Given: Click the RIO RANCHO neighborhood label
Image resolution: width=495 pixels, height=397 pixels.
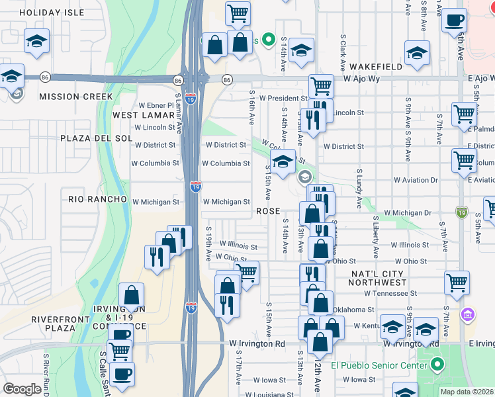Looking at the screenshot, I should [97, 198].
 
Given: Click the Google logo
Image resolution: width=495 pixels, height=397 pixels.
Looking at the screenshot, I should [22, 389].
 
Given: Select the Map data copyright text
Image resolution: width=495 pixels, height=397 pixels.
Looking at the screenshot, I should [467, 392].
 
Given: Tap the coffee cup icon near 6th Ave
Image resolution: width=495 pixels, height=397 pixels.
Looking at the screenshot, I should [454, 21].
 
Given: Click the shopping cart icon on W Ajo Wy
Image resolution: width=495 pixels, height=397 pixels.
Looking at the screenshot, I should [321, 85].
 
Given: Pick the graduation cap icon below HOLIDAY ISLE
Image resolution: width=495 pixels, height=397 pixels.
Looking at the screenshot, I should [36, 41].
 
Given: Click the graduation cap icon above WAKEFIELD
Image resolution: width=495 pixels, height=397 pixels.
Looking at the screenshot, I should [417, 53].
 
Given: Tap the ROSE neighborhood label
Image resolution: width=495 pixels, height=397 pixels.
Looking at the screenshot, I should [267, 211].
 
